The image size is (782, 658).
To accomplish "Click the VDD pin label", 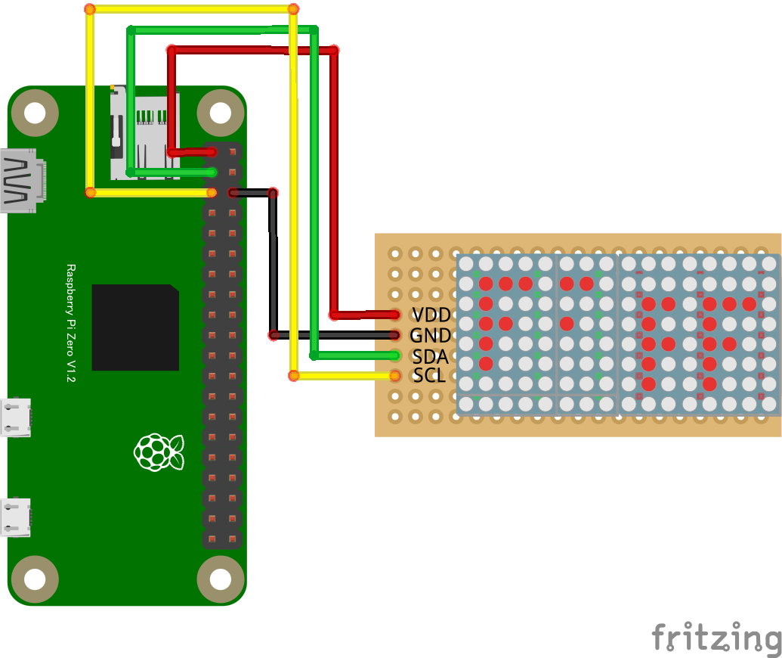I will click(x=431, y=315).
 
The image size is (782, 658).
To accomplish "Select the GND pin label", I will click(x=431, y=335).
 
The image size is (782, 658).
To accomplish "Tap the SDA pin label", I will click(x=431, y=355).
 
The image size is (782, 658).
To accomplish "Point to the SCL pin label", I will click(x=429, y=375).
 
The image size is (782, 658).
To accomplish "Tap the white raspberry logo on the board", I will click(x=158, y=452).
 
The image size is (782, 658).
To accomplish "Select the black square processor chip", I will click(x=135, y=327).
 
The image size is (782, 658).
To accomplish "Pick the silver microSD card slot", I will click(x=144, y=134).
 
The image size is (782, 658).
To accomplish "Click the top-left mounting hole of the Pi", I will click(x=36, y=113).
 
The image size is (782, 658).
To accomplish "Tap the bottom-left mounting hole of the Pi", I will click(x=36, y=580).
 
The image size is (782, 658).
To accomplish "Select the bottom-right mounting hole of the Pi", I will click(x=220, y=580).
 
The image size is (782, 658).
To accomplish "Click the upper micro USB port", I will click(x=15, y=417).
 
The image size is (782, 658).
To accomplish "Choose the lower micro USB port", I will click(x=15, y=517).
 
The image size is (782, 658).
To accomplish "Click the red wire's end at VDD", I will click(x=395, y=315).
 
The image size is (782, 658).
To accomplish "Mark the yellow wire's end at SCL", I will click(x=394, y=375).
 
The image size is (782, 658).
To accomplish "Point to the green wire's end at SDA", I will click(x=394, y=355).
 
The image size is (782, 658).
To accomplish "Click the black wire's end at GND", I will click(x=394, y=335).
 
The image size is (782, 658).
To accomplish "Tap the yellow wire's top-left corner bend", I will click(x=90, y=10).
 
